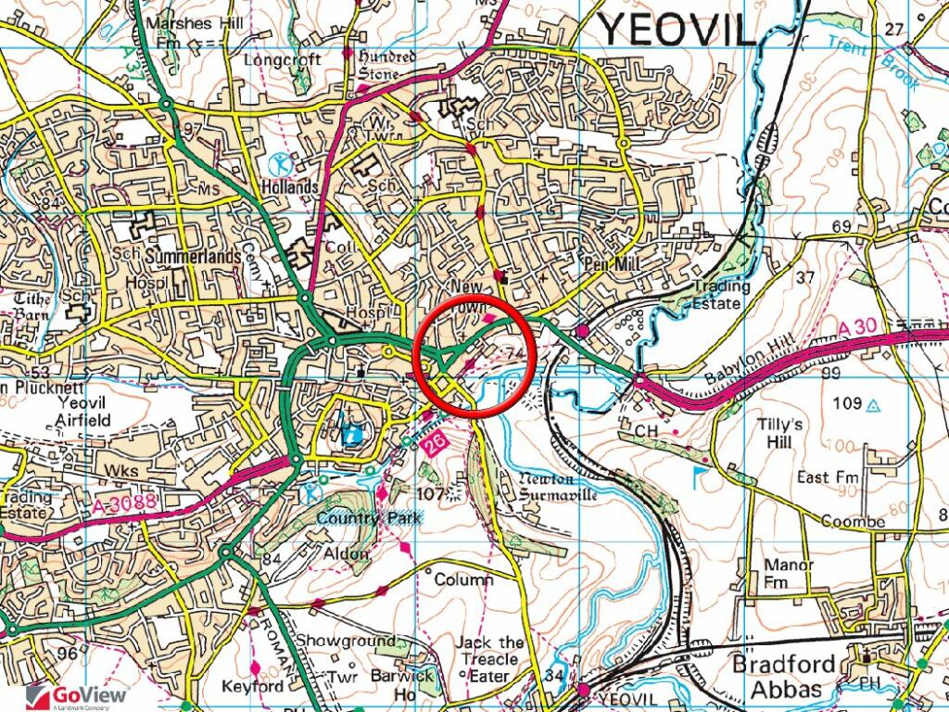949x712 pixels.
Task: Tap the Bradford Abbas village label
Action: point(777,677)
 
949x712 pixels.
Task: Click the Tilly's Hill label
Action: point(780,433)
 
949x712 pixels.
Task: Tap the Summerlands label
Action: point(197,255)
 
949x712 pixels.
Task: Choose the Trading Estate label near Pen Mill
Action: point(718,295)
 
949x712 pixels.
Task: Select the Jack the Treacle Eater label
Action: point(488,659)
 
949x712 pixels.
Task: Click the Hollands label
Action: point(290,186)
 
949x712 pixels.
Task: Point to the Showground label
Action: point(345,641)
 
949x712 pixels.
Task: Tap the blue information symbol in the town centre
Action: point(353,433)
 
